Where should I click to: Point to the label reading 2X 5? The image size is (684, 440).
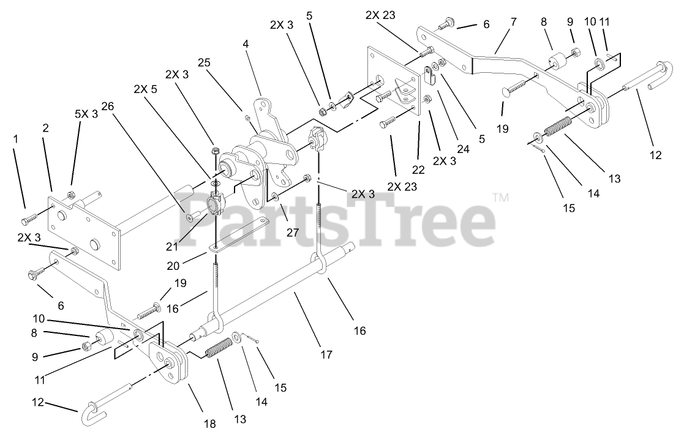(145, 88)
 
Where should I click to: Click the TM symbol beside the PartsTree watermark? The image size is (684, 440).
(500, 198)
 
